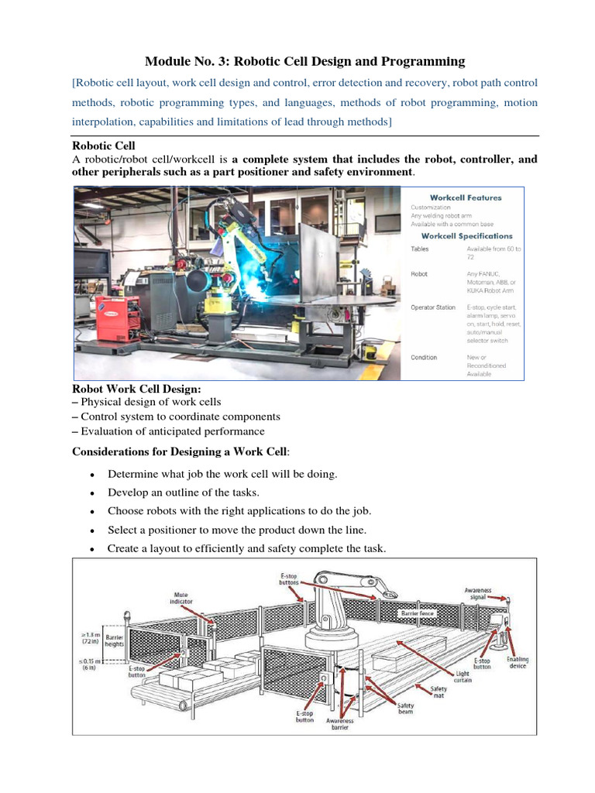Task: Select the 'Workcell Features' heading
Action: (466, 197)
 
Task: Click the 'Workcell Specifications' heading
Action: (466, 235)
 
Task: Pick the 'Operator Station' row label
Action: (433, 307)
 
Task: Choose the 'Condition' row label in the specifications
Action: (424, 357)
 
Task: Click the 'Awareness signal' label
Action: (477, 593)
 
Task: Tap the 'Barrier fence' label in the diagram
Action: (418, 613)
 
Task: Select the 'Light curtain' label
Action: (462, 678)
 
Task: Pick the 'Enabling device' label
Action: (518, 663)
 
